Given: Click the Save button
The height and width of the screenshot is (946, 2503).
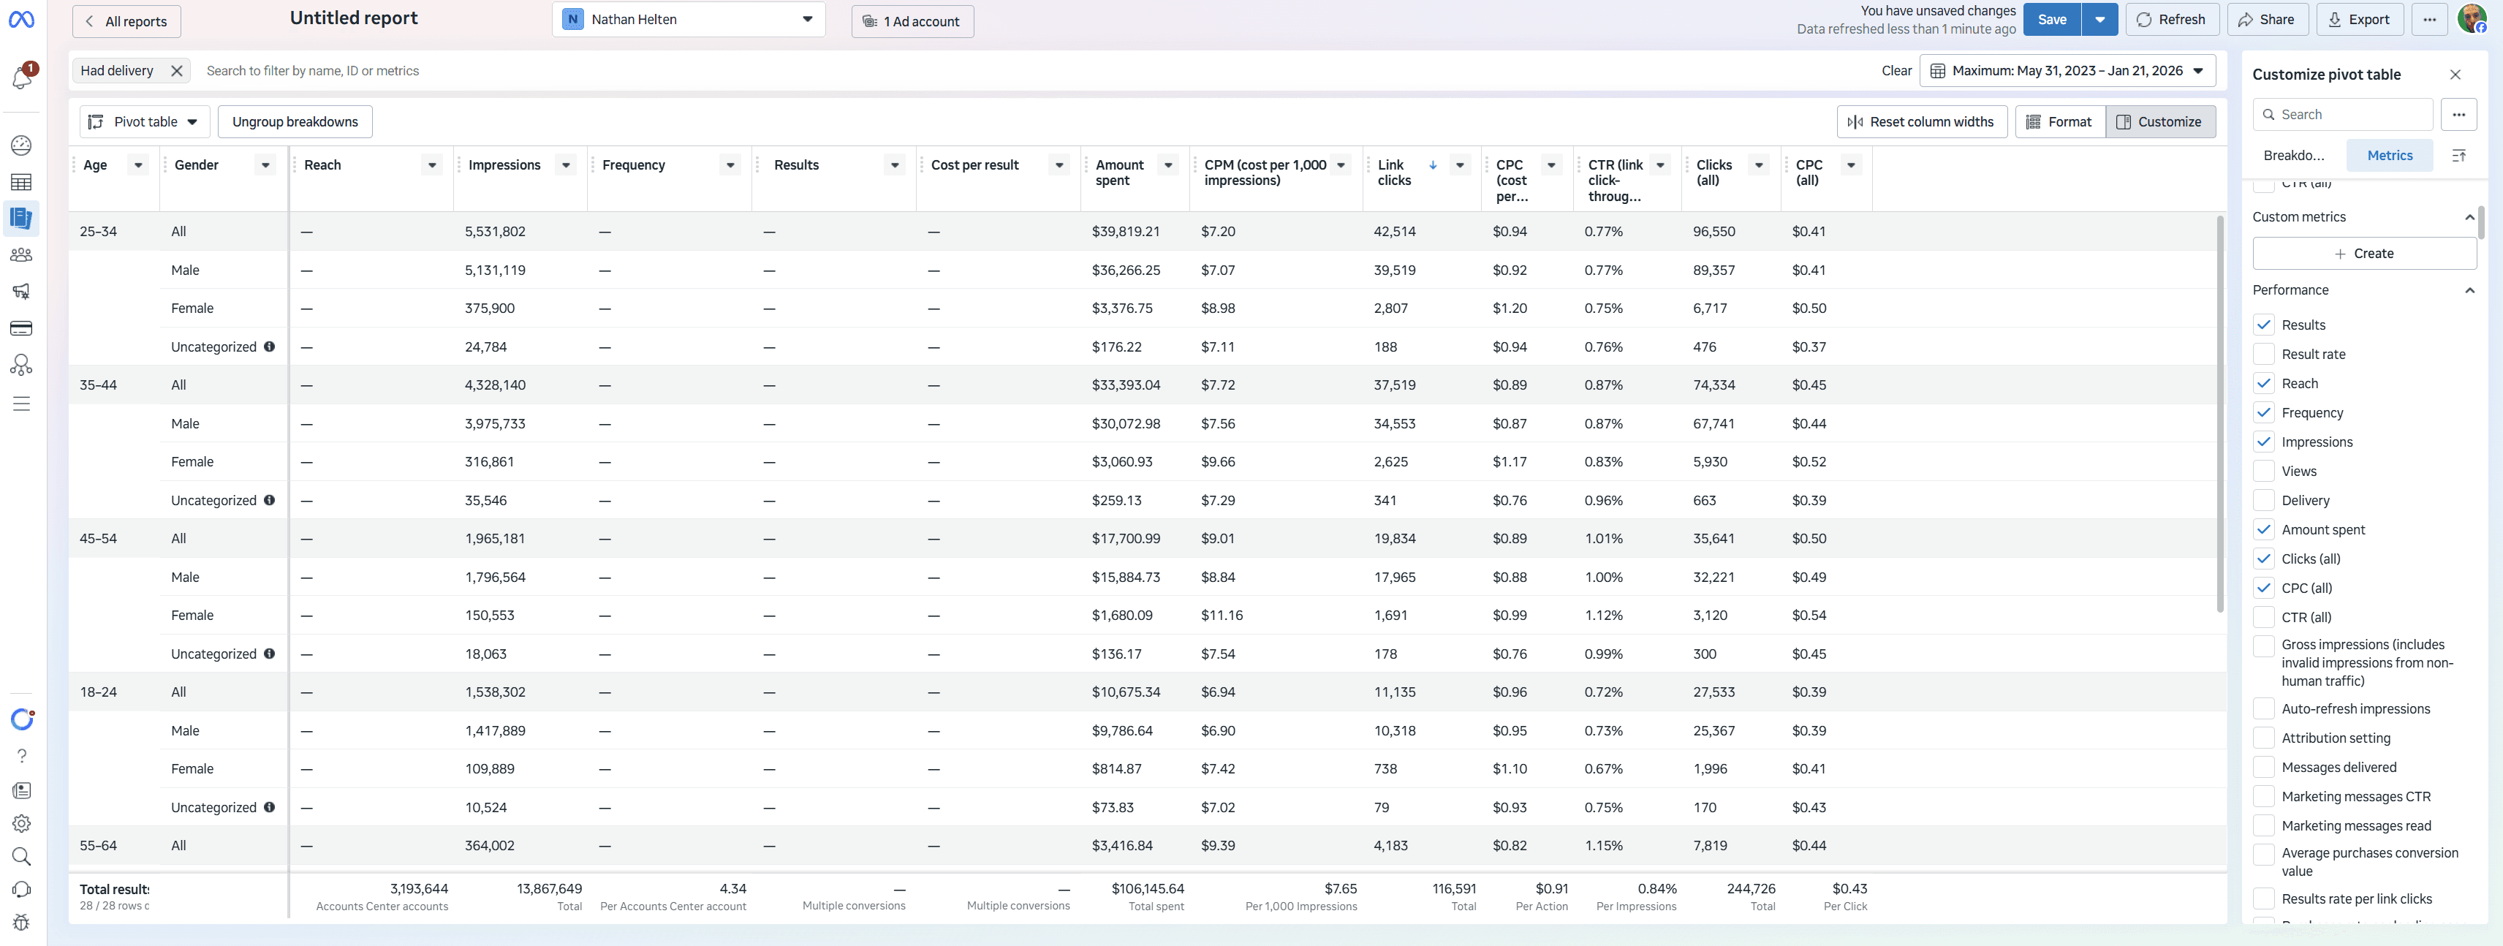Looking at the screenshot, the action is pos(2051,20).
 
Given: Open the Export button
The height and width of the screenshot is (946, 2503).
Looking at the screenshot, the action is pos(2359,20).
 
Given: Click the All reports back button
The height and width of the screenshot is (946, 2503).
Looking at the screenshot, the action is pos(126,21).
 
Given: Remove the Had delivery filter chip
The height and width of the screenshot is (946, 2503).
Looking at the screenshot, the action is pos(177,71).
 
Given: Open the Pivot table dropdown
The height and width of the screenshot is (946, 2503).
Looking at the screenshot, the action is pos(143,121).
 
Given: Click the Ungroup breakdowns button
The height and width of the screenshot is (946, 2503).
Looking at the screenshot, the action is pos(295,121).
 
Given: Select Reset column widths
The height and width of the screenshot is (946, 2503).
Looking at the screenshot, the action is pos(1922,121).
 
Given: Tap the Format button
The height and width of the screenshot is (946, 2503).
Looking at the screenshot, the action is pos(2060,121).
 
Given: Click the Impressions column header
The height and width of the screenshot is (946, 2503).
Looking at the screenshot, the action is pos(504,165).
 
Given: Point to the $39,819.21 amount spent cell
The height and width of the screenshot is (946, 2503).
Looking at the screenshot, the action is pos(1125,231).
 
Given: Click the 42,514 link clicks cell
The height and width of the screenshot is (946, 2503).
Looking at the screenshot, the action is pos(1394,231).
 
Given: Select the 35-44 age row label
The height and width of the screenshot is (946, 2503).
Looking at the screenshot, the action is pos(98,385).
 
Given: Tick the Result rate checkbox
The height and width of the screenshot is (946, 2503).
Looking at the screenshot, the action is pos(2264,355).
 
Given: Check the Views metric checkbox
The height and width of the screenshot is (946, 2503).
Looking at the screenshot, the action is pos(2264,471).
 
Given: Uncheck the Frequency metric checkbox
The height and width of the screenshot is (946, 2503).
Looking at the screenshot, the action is pos(2264,413).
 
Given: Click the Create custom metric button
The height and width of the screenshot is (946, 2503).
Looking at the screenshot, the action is pos(2364,254).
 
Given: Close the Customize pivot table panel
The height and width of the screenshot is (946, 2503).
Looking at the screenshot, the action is pos(2455,75).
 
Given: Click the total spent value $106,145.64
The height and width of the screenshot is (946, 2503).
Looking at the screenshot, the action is pos(1148,889).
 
